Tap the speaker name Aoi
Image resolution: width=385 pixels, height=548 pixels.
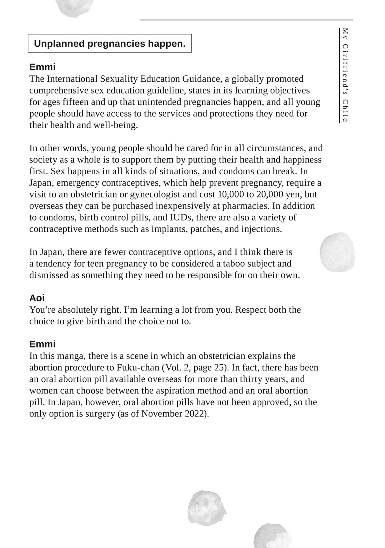click(37, 298)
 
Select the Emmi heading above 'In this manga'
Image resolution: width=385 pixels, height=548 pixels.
click(42, 344)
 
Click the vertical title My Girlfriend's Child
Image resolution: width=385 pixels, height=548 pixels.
click(345, 75)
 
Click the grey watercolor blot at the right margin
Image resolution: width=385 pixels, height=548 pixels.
click(337, 252)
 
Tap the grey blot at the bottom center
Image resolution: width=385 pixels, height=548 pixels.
click(207, 509)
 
